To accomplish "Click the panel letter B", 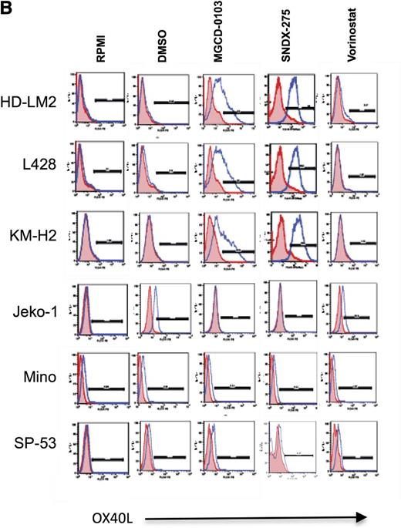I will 8,8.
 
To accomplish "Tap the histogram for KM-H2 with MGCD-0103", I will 229,240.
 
